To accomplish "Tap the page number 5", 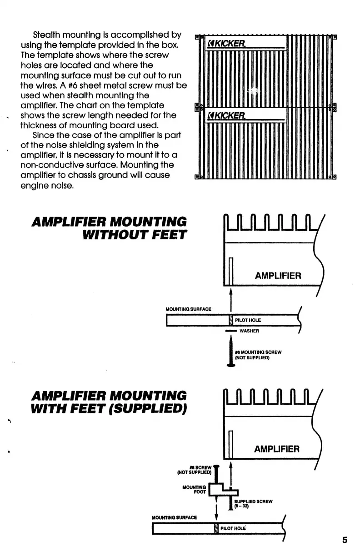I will point(345,540).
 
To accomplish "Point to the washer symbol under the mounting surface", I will point(231,331).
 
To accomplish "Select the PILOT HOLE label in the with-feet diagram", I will point(233,528).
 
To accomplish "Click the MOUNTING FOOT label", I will point(195,489).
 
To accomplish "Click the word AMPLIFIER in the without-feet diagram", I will point(278,276).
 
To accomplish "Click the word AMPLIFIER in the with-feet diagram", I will point(277,449).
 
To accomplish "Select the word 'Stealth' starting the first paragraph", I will point(49,35).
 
